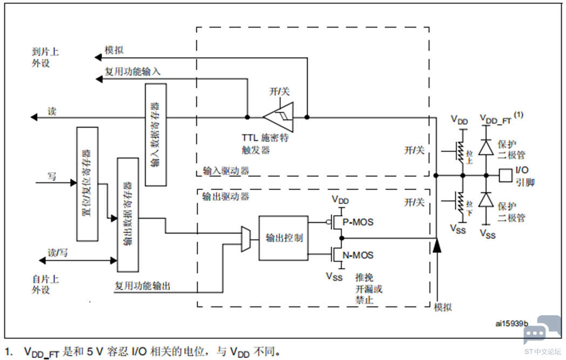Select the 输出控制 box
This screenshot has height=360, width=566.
tap(284, 238)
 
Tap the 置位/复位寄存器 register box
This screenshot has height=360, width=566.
tap(87, 184)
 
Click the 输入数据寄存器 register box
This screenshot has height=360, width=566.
tap(155, 135)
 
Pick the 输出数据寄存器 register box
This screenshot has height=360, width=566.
tap(128, 215)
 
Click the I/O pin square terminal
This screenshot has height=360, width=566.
tap(506, 175)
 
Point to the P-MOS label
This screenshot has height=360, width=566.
tap(358, 222)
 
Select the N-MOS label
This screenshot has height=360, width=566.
tap(358, 255)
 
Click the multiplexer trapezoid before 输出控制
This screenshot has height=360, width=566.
tap(246, 239)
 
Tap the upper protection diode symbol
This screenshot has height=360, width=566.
tap(486, 147)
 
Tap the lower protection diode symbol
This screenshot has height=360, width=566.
tap(486, 200)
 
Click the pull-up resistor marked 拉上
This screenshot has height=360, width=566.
tap(460, 151)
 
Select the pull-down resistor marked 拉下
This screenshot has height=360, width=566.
tap(460, 203)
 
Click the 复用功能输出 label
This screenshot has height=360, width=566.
tap(142, 286)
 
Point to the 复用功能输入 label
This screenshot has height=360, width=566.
tap(133, 71)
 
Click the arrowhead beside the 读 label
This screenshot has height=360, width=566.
tap(34, 117)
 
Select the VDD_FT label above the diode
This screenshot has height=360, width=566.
tap(495, 119)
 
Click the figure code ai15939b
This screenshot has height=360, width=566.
tap(512, 323)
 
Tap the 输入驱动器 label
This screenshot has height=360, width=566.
tap(226, 171)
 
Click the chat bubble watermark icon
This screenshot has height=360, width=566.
tap(542, 329)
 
